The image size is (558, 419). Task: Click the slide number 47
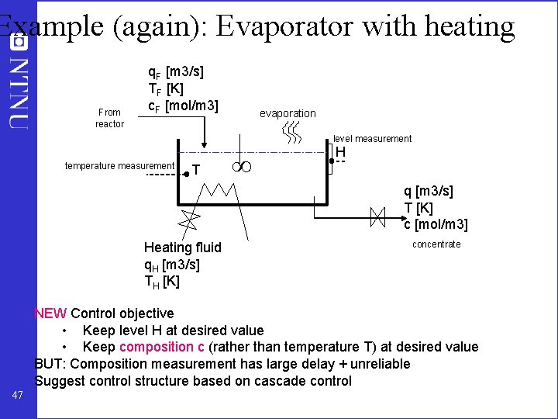tap(19, 396)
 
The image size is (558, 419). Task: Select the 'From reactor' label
tap(109, 118)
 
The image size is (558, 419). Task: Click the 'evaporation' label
tap(288, 113)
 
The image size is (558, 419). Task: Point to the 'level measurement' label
tap(372, 139)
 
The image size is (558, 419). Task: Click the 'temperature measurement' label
tap(119, 165)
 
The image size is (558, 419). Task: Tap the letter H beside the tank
tap(340, 153)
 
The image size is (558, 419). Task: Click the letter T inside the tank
tap(197, 171)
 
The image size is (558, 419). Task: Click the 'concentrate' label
tap(436, 244)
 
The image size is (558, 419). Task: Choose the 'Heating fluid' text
tap(182, 248)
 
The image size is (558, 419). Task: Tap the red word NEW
tap(50, 313)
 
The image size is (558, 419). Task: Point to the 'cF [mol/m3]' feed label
tap(184, 105)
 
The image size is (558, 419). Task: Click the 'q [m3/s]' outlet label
tap(429, 191)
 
